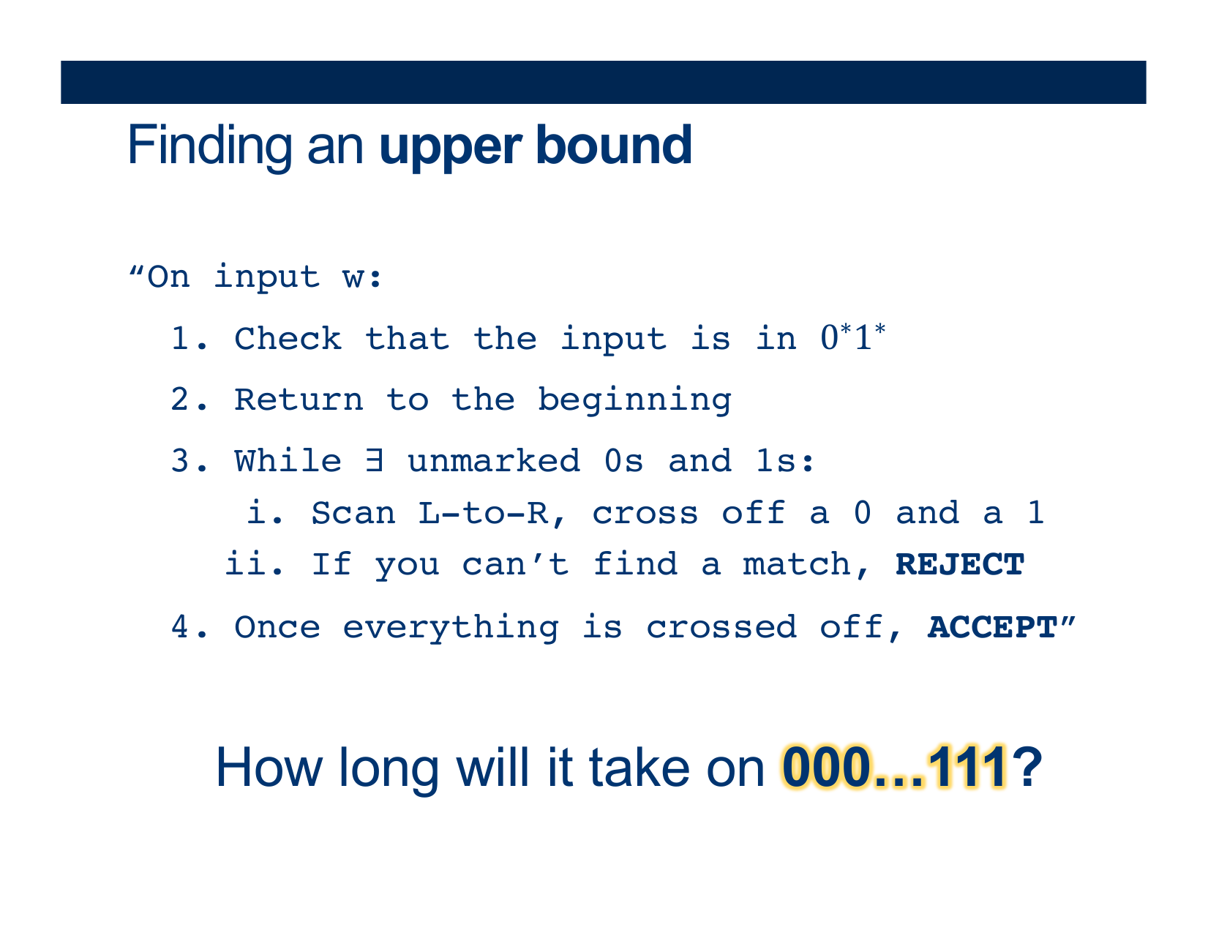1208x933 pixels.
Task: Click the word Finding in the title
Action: [210, 146]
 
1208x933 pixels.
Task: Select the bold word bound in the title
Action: [615, 145]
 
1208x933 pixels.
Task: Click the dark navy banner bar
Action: [604, 82]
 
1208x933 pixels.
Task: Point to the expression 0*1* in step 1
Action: [853, 337]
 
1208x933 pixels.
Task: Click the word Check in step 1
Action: [288, 338]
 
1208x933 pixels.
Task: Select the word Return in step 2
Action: [299, 400]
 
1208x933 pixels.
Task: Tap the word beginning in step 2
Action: [634, 401]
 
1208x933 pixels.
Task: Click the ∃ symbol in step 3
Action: [374, 460]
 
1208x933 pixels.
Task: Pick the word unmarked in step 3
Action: [494, 460]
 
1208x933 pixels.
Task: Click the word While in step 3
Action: [288, 460]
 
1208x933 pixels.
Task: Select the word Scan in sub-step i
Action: [353, 513]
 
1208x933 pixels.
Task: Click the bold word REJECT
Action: [959, 565]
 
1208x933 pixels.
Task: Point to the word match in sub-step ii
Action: [797, 565]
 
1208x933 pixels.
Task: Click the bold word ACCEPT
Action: [992, 628]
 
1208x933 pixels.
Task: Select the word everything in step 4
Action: [451, 629]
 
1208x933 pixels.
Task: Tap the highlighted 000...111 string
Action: [894, 768]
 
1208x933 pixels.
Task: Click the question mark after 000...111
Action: [1027, 768]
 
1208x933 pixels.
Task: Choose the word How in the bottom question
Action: [269, 768]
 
